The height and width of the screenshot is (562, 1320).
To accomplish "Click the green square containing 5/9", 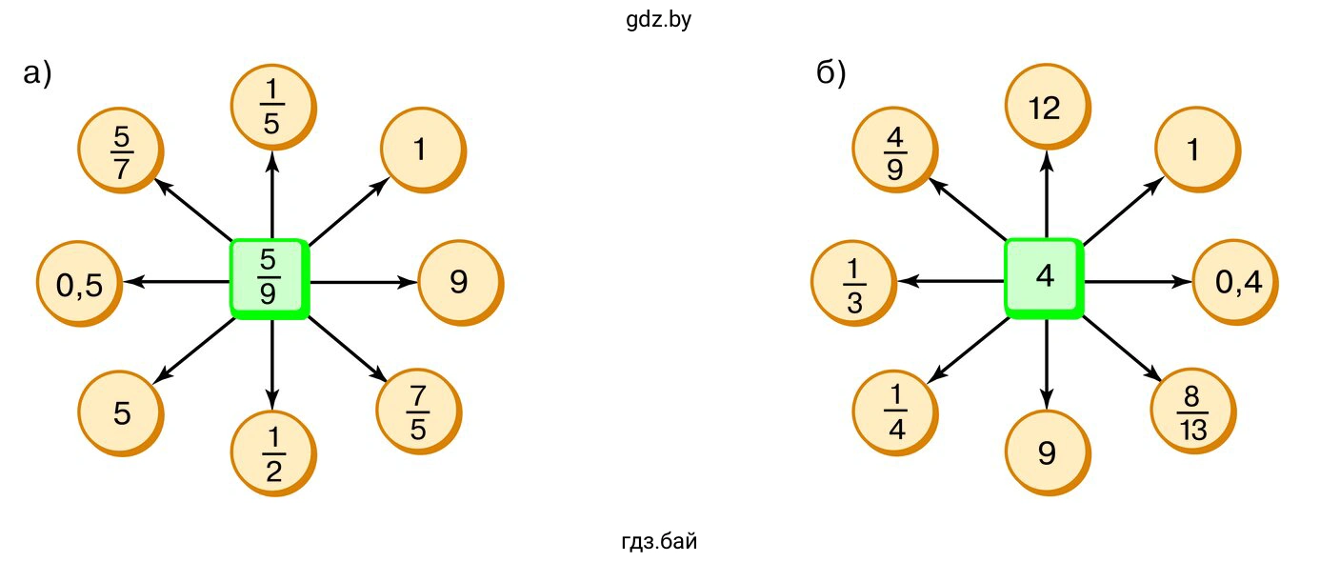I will pos(269,279).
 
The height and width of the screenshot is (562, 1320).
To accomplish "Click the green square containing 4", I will pos(1044,277).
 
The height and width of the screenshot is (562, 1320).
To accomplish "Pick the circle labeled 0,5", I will pos(78,285).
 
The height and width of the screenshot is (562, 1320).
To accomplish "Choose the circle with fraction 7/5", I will pos(418,412).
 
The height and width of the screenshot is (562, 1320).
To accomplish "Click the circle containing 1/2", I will pos(272,452).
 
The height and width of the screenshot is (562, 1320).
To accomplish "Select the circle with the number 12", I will pos(1045,109).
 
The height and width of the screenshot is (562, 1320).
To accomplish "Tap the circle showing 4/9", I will pos(894,150).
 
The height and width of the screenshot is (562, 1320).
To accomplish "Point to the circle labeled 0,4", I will pos(1232,283).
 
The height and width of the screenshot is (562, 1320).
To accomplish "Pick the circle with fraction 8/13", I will pos(1192,412).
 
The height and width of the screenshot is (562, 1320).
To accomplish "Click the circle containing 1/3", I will pos(852,284).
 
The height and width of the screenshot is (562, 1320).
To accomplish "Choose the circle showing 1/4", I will pos(894,413).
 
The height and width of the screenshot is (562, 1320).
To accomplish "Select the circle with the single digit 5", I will pos(120,413).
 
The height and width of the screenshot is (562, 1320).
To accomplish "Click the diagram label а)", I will pos(36,74).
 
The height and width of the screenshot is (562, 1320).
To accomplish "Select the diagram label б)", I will pos(830,74).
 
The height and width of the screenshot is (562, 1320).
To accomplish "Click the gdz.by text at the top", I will pos(659,20).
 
